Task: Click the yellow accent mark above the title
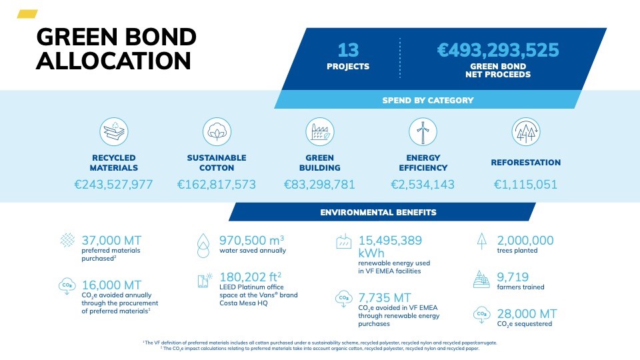[27, 14]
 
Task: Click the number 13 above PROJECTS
[348, 50]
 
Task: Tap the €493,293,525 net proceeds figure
[498, 50]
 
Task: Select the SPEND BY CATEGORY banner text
[428, 101]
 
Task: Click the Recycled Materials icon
[114, 132]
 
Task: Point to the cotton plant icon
[217, 132]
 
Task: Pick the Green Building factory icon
[320, 132]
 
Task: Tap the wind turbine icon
[423, 132]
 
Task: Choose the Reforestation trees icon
[526, 132]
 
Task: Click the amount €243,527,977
[113, 185]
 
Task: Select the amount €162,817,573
[217, 185]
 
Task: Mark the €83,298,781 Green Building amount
[319, 185]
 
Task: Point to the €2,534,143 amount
[423, 185]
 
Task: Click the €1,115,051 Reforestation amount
[526, 185]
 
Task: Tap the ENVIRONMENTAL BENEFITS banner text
[379, 212]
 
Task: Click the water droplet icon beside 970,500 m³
[203, 245]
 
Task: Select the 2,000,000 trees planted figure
[525, 241]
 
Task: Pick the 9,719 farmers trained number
[513, 277]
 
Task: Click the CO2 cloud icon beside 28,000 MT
[481, 315]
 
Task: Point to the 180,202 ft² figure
[250, 277]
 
